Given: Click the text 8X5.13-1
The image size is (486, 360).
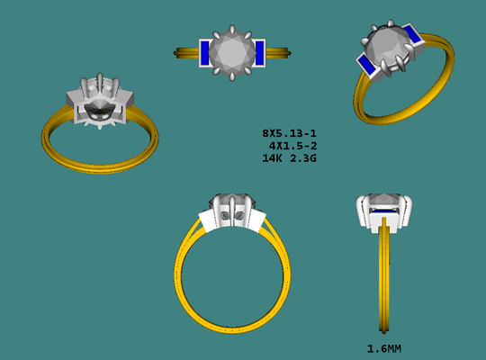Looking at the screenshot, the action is [x=289, y=133].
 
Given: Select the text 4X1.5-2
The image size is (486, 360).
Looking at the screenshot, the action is [x=292, y=146].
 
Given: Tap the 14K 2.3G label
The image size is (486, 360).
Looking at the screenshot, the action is [x=289, y=158].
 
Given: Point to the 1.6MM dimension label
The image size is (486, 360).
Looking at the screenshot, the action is [x=384, y=349].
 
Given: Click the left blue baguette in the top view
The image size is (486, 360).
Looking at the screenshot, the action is [x=204, y=53].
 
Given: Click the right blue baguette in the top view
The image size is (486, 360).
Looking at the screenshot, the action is [x=260, y=53].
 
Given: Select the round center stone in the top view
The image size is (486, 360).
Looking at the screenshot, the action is [x=232, y=53].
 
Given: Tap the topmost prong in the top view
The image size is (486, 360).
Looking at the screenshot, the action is [x=232, y=30].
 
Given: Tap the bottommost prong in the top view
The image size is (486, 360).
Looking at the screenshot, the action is [x=232, y=76].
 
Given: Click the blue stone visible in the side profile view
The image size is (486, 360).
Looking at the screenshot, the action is [x=383, y=211].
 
